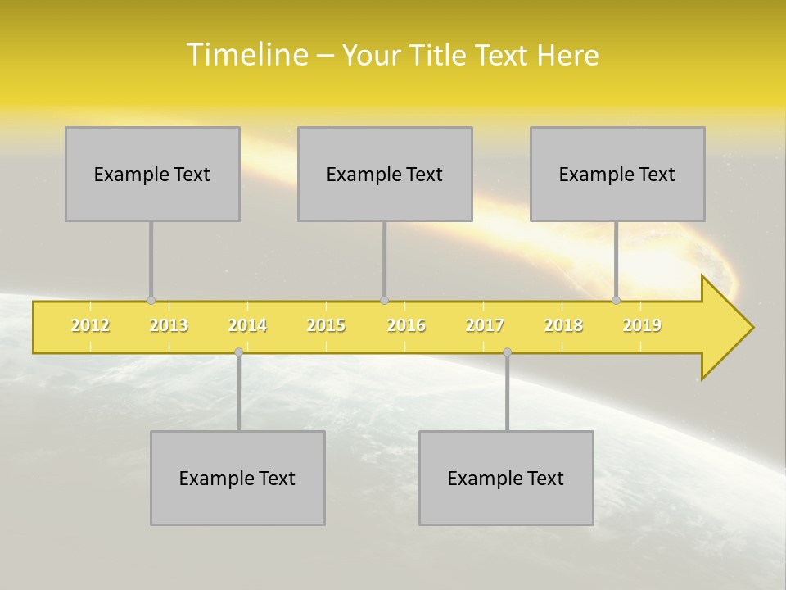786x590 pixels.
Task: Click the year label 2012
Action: click(x=90, y=326)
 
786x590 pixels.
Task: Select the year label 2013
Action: click(x=169, y=326)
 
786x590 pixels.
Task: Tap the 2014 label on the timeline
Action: click(x=247, y=326)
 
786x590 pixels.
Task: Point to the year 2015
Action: click(x=326, y=326)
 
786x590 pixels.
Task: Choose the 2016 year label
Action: click(x=406, y=326)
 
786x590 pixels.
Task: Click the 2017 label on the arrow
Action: click(x=485, y=326)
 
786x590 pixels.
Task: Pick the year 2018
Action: click(x=563, y=326)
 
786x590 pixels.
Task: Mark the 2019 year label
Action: click(x=642, y=326)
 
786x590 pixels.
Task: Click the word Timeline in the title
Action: click(x=246, y=55)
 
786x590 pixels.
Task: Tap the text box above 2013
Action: click(x=152, y=174)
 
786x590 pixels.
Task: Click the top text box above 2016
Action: click(x=385, y=174)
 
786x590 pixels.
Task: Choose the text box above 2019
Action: click(x=617, y=174)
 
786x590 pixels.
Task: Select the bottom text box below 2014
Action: click(x=237, y=478)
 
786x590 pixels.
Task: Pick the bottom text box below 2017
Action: click(x=506, y=478)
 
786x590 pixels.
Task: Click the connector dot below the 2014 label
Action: click(x=238, y=352)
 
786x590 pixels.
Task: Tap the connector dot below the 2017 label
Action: click(x=507, y=352)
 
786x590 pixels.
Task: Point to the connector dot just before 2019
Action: click(x=617, y=300)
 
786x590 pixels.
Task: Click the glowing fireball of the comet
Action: click(x=712, y=262)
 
